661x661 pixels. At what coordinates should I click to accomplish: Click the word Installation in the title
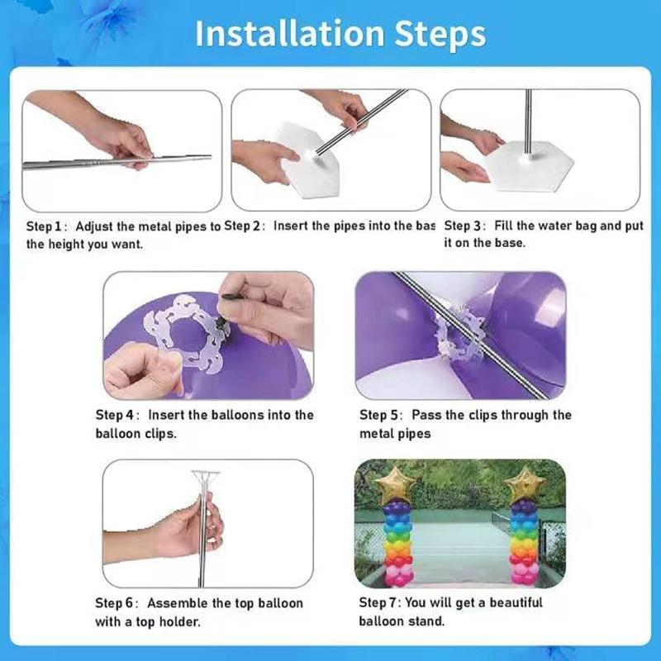(290, 33)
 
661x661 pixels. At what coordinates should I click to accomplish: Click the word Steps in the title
(440, 35)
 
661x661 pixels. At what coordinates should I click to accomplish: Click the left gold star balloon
(395, 485)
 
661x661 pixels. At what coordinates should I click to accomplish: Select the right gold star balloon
(525, 485)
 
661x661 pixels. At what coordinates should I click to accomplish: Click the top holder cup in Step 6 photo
(205, 481)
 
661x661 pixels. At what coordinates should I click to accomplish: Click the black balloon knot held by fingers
(221, 325)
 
